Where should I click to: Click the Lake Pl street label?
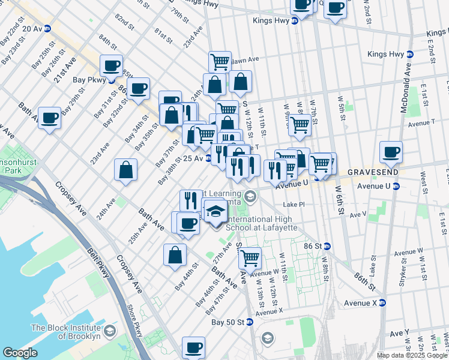click(x=294, y=205)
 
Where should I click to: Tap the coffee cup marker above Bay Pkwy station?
click(x=111, y=65)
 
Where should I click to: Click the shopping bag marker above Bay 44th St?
click(x=174, y=254)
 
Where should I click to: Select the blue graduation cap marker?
click(x=215, y=212)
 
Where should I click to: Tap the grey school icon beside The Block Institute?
click(x=110, y=331)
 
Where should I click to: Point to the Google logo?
click(x=20, y=352)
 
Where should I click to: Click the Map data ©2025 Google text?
click(x=412, y=355)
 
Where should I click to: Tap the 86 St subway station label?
click(x=318, y=246)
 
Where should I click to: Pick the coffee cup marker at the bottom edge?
click(x=193, y=347)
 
